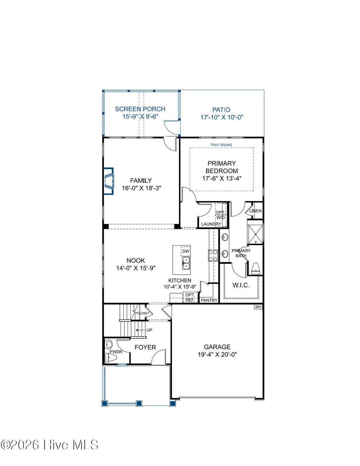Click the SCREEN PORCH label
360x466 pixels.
(x=140, y=109)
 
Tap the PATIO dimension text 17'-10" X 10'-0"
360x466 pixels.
(x=222, y=117)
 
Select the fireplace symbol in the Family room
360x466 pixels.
(x=109, y=181)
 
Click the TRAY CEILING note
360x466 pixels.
(x=221, y=145)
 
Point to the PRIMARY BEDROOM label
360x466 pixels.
(x=221, y=167)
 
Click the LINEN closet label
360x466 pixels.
(x=256, y=211)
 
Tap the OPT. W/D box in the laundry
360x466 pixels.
(x=220, y=215)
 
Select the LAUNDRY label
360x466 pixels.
(x=211, y=224)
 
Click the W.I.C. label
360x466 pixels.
(x=241, y=285)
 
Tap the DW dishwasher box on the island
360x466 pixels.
(x=186, y=251)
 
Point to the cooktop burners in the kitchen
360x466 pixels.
(x=213, y=255)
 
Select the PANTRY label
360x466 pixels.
(x=209, y=300)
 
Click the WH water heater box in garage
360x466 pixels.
(x=258, y=307)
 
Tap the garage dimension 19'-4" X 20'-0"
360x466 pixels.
(x=217, y=355)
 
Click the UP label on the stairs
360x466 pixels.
(x=149, y=330)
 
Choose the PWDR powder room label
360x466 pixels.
(x=116, y=351)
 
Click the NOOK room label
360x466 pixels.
(x=136, y=261)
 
